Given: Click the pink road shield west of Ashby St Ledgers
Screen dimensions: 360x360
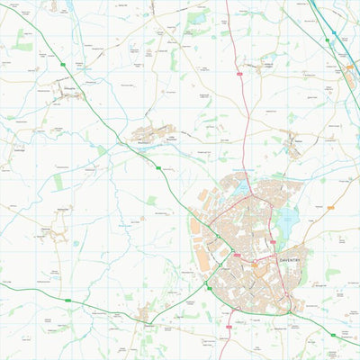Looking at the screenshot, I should pos(239,73).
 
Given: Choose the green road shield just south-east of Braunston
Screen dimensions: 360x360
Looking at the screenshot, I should pos(158,167).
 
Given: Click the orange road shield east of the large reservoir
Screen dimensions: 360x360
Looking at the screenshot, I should pos(330,208).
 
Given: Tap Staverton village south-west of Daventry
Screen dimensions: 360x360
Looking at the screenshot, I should pos(145,312).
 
